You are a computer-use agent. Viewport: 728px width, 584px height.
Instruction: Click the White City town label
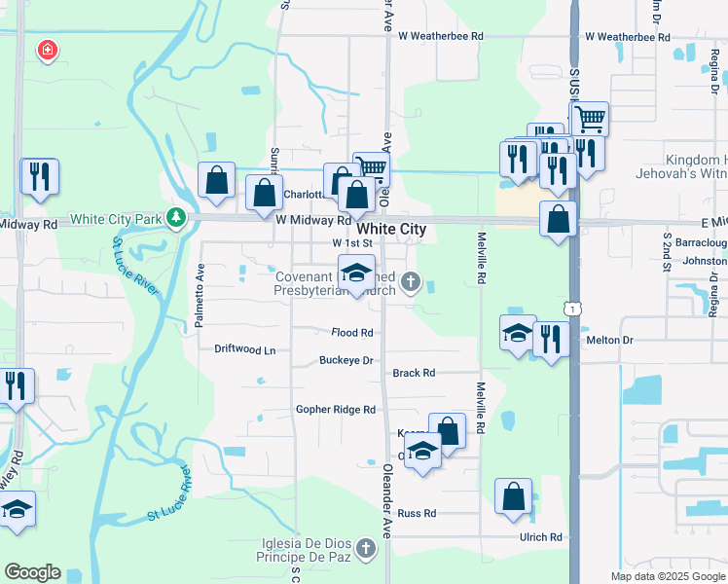point(391,229)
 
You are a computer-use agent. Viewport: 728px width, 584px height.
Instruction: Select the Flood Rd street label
point(352,332)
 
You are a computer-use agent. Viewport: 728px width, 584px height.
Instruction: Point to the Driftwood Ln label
point(245,348)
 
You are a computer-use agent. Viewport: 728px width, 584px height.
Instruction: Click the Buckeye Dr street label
point(346,360)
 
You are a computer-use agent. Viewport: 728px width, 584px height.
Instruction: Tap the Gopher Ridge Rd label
point(336,410)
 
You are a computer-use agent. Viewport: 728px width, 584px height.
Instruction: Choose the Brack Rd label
point(414,373)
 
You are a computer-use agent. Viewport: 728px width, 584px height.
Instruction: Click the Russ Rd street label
point(417,513)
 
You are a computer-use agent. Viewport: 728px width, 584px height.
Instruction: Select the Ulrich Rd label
point(542,536)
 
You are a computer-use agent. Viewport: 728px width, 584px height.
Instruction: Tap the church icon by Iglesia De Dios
point(365,548)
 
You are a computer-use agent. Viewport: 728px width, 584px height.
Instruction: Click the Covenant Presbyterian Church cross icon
point(412,283)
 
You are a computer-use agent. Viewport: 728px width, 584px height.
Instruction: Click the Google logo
point(32,572)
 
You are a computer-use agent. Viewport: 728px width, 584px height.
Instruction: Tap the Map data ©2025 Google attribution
point(667,576)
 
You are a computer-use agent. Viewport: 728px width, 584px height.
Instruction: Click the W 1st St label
point(352,242)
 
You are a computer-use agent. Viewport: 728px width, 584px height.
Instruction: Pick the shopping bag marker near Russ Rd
point(513,496)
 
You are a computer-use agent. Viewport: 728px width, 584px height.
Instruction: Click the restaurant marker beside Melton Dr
point(551,340)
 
